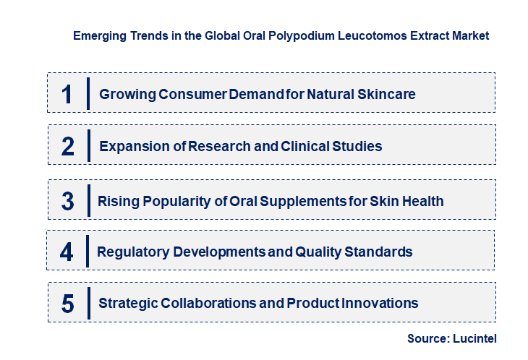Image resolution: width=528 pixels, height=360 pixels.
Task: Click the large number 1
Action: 67,94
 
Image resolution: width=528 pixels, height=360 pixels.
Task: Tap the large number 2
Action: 68,147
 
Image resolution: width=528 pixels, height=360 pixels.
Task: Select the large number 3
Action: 67,201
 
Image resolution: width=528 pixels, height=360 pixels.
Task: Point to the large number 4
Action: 67,252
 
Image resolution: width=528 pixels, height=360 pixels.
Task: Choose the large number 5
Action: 67,304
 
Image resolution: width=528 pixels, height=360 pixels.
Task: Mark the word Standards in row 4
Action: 380,252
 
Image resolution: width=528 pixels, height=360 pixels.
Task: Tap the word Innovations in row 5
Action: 382,304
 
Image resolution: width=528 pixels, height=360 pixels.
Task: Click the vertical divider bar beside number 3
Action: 88,200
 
